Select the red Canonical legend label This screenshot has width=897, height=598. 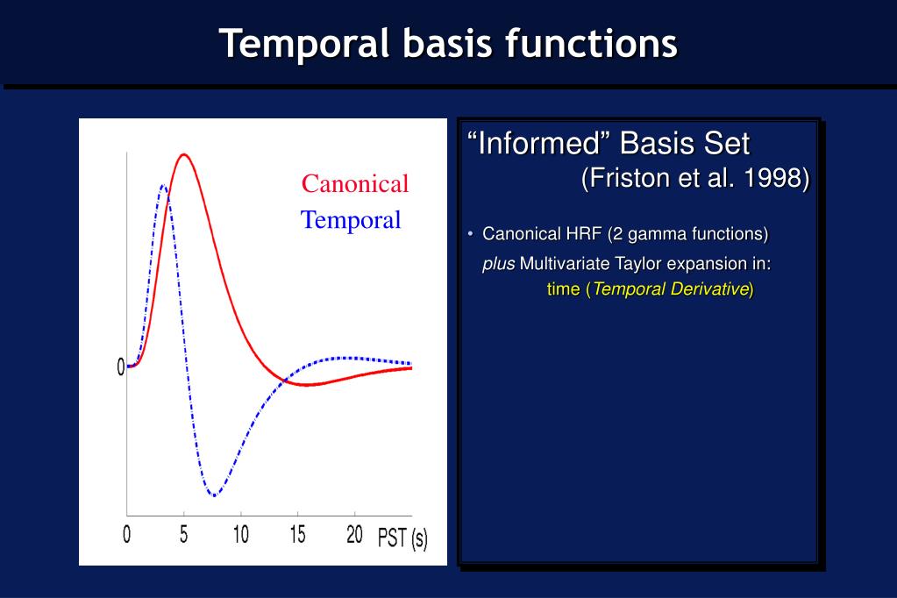pyautogui.click(x=355, y=183)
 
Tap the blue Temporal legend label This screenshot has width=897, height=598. pyautogui.click(x=351, y=220)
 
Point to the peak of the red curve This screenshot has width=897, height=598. pyautogui.click(x=183, y=154)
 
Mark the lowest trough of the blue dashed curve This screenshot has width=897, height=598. pyautogui.click(x=214, y=495)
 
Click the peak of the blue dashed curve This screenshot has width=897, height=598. pyautogui.click(x=163, y=185)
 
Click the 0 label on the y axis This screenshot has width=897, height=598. pyautogui.click(x=121, y=367)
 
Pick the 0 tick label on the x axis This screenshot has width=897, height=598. pyautogui.click(x=126, y=535)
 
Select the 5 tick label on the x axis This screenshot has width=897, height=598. pyautogui.click(x=183, y=535)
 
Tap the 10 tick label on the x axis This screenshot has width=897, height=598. pyautogui.click(x=241, y=535)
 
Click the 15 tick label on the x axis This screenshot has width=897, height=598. pyautogui.click(x=297, y=535)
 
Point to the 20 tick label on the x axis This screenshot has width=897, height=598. pyautogui.click(x=355, y=535)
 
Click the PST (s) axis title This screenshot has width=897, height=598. pyautogui.click(x=402, y=537)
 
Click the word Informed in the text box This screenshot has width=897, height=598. pyautogui.click(x=542, y=143)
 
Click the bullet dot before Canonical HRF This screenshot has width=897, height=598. pyautogui.click(x=470, y=233)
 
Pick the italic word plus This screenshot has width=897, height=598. pyautogui.click(x=498, y=265)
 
